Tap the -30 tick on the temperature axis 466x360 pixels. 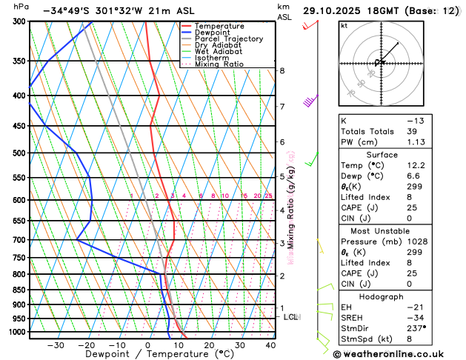[x=56, y=345]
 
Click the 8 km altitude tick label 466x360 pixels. [x=282, y=71]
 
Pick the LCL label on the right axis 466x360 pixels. [x=291, y=317]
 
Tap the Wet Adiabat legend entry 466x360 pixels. [x=218, y=52]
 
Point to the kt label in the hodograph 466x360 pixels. [x=344, y=26]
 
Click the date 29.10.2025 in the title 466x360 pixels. [x=336, y=11]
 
